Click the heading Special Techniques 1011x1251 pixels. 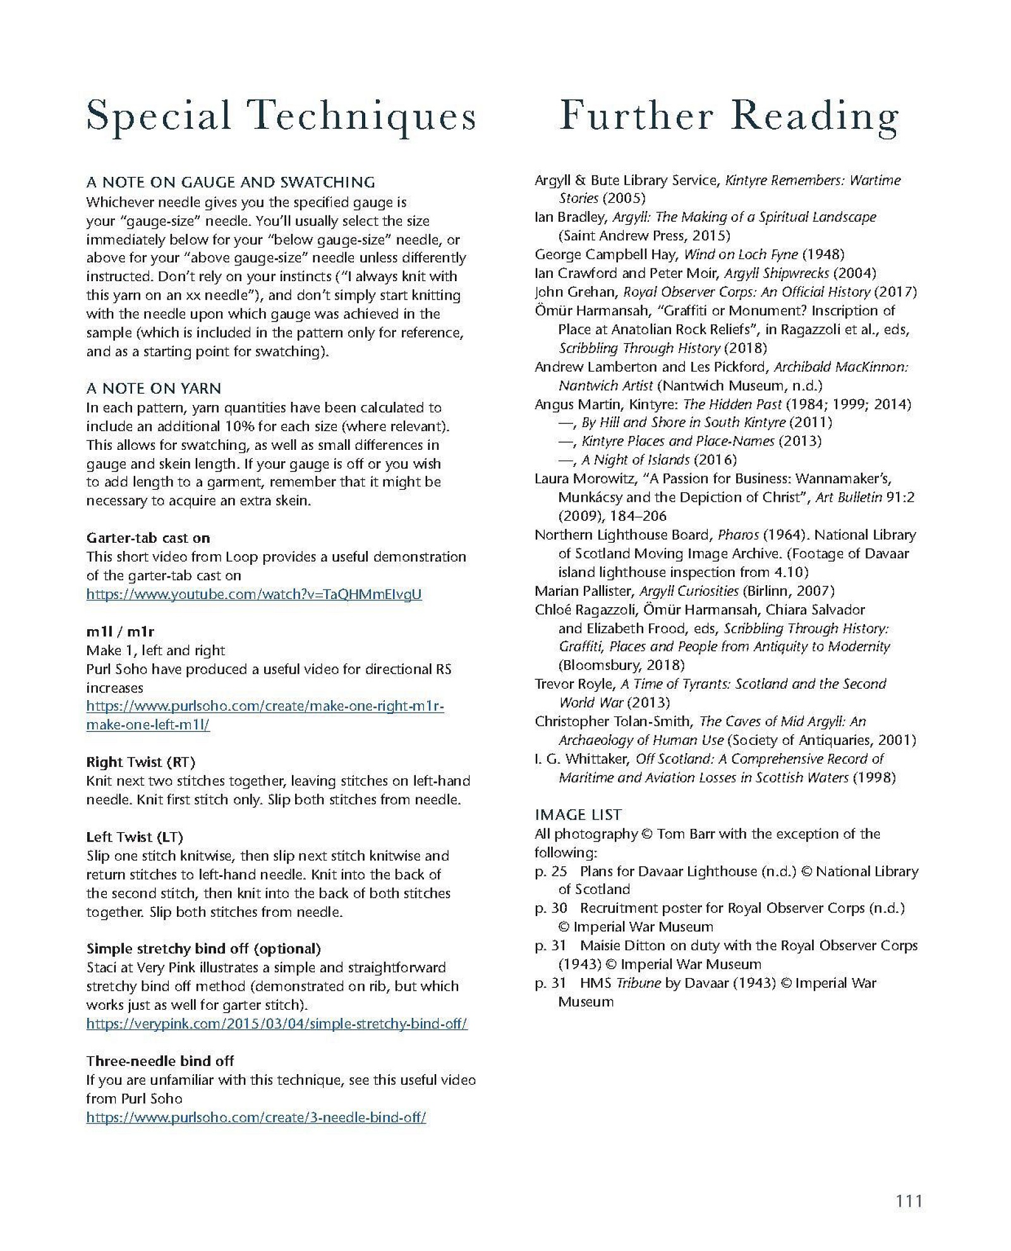pyautogui.click(x=281, y=117)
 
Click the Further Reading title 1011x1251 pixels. pyautogui.click(x=728, y=117)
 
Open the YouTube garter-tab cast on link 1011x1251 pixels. pyautogui.click(x=253, y=594)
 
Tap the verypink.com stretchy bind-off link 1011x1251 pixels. pyautogui.click(x=277, y=1024)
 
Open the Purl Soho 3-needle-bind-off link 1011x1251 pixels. pyautogui.click(x=256, y=1117)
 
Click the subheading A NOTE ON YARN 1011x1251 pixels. pyautogui.click(x=154, y=388)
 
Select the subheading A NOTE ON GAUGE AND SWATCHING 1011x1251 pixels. pyautogui.click(x=231, y=183)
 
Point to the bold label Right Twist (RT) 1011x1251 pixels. pyautogui.click(x=140, y=762)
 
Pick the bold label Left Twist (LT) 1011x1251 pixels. pyautogui.click(x=135, y=837)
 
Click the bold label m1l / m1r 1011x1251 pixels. pyautogui.click(x=120, y=631)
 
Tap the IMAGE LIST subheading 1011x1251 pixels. pyautogui.click(x=578, y=814)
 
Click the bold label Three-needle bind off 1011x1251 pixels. pyautogui.click(x=160, y=1061)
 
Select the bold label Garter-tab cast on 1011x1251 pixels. pyautogui.click(x=148, y=538)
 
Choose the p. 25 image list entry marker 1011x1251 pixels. pyautogui.click(x=550, y=871)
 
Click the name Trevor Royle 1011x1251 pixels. pyautogui.click(x=573, y=684)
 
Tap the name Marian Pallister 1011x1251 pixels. pyautogui.click(x=583, y=591)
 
